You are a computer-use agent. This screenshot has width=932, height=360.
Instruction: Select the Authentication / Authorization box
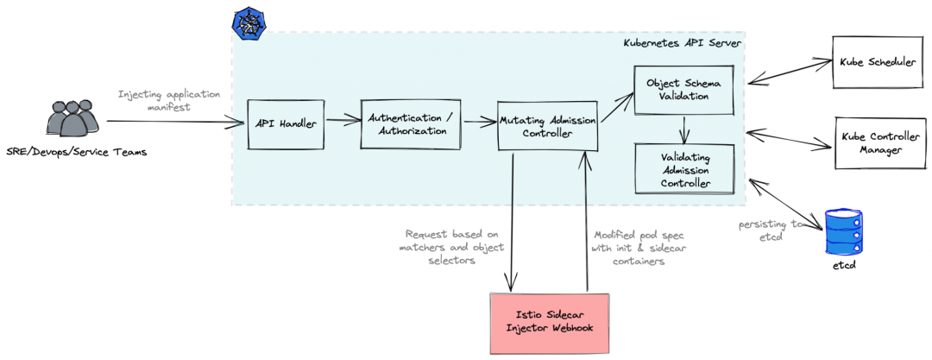point(410,124)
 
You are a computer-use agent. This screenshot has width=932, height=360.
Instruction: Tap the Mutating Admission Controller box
point(548,126)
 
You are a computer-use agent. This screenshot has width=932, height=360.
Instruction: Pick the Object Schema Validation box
point(683,90)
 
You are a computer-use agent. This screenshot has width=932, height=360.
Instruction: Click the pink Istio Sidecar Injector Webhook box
point(549,323)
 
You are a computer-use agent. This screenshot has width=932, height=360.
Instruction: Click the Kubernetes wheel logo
point(248,22)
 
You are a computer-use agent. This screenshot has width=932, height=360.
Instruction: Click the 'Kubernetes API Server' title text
point(682,42)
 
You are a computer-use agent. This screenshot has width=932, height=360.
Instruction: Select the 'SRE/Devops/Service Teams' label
point(77,153)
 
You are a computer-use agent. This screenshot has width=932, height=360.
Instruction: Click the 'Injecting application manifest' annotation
point(169,100)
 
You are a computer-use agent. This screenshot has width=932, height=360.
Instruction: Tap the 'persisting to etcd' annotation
point(770,230)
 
